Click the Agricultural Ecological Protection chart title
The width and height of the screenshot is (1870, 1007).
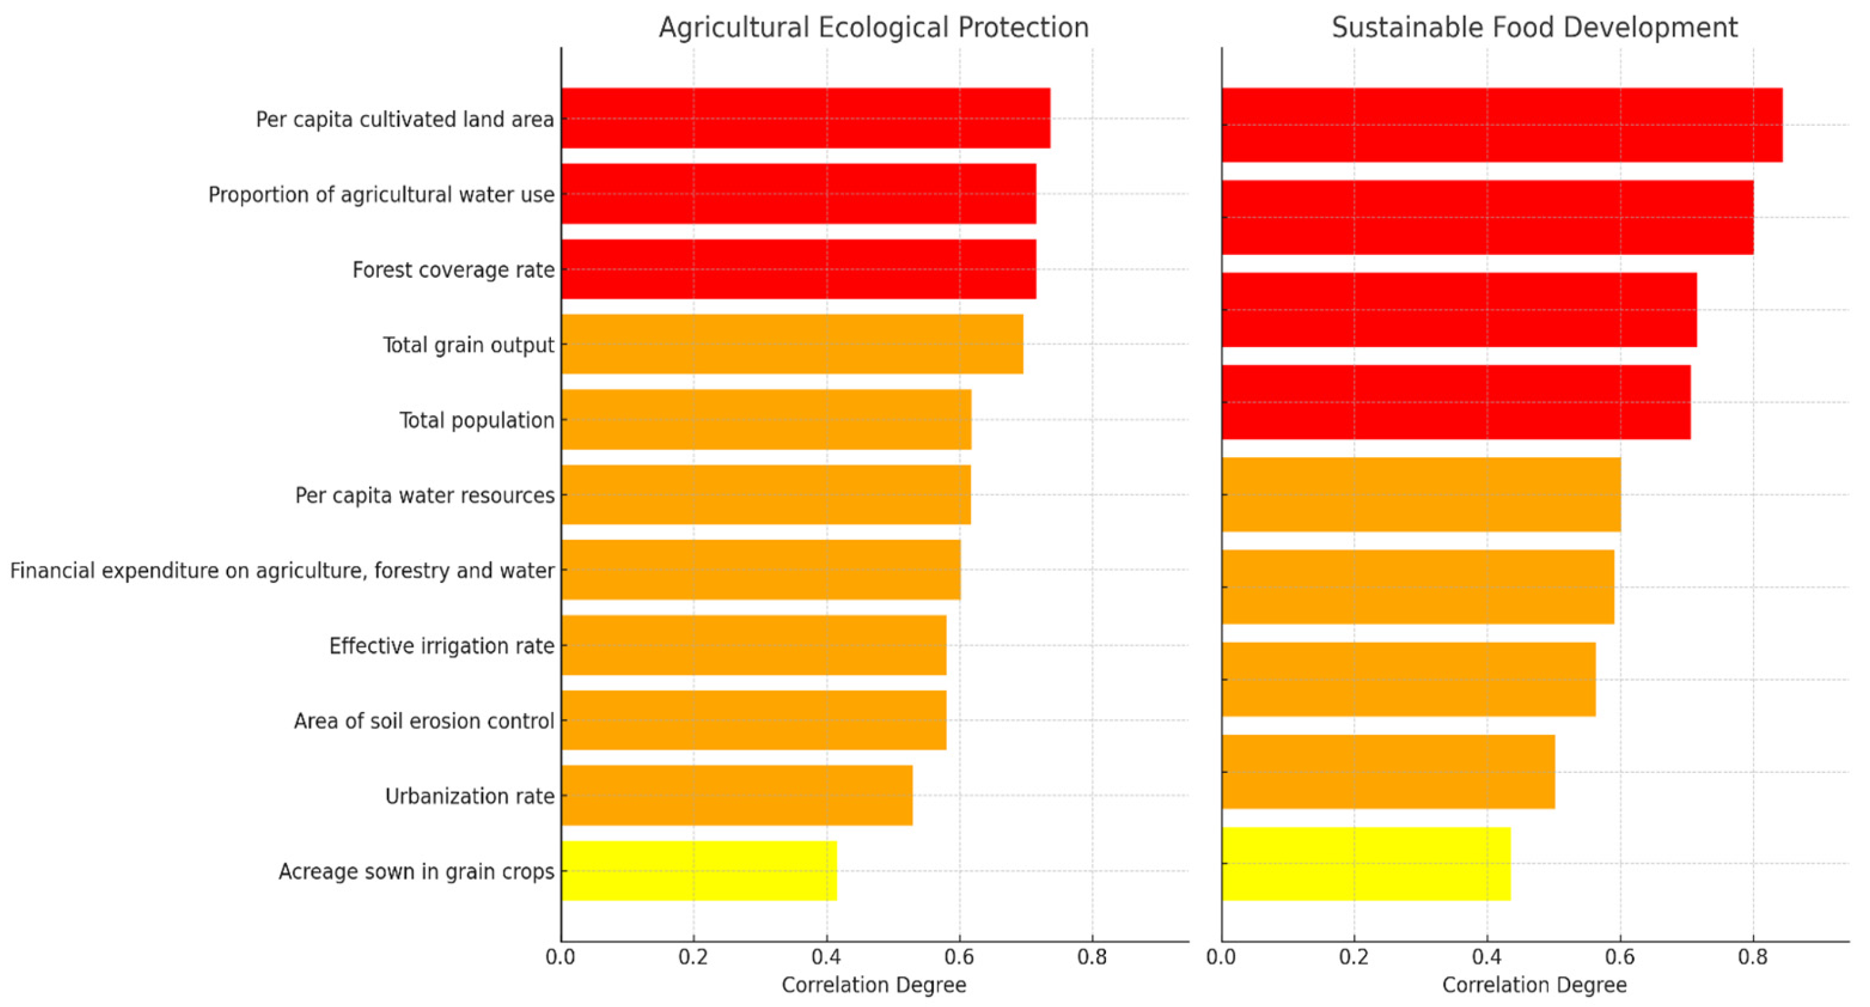tap(873, 27)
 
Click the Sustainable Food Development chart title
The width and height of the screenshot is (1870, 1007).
tap(1534, 27)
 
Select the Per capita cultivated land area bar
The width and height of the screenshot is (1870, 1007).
tap(805, 118)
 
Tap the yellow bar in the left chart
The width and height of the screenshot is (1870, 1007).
tap(699, 870)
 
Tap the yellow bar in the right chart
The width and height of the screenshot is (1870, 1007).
tap(1365, 864)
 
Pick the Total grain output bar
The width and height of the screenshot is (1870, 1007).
tap(791, 344)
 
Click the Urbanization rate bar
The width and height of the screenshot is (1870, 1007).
tap(736, 796)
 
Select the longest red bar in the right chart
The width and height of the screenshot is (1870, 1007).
tap(1501, 125)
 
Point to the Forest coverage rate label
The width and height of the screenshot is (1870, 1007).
tap(453, 270)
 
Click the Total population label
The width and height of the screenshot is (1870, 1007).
tap(476, 420)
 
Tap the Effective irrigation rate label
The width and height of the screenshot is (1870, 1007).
tap(441, 646)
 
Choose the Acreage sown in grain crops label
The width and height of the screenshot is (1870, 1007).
tap(416, 871)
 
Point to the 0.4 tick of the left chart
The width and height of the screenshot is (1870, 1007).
tap(826, 957)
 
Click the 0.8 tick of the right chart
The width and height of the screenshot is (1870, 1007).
tap(1752, 957)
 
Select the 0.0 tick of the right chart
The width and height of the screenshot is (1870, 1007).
tap(1221, 957)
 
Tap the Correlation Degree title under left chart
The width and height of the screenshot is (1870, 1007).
tap(873, 985)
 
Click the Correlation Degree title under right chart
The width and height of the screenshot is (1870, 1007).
tap(1534, 985)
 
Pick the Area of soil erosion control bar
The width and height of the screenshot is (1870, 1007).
tap(753, 720)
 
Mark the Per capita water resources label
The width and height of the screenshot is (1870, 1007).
tap(424, 496)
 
